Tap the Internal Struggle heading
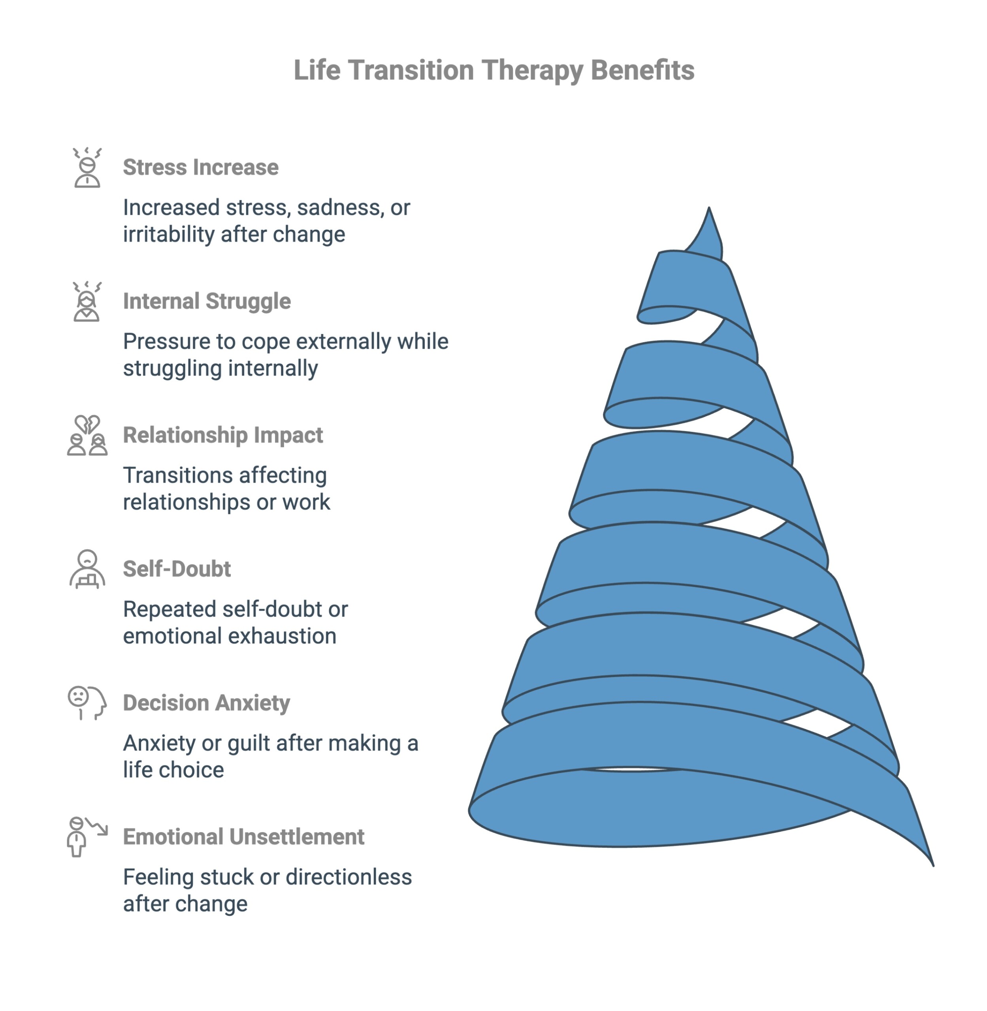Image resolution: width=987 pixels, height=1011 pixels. (207, 301)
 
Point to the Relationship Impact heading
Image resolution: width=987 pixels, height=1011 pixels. (223, 435)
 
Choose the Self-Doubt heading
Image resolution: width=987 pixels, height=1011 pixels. (177, 569)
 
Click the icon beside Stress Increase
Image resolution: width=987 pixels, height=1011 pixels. (87, 167)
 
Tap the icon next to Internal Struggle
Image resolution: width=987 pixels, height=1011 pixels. (87, 302)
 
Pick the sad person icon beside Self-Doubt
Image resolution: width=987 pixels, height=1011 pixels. (87, 569)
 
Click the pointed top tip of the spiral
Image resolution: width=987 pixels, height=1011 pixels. (708, 209)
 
